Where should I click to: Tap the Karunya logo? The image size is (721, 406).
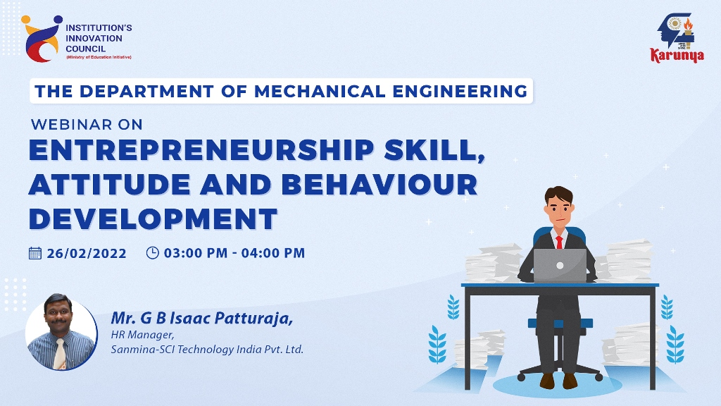click(x=677, y=38)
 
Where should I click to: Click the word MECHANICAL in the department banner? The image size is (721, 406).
click(x=320, y=91)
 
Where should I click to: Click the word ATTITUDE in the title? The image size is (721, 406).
click(x=109, y=184)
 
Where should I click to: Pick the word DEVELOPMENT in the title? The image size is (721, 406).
click(x=153, y=219)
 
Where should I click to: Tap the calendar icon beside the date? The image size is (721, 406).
click(x=35, y=253)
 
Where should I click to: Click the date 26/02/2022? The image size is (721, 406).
click(x=87, y=253)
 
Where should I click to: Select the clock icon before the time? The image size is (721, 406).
click(x=152, y=253)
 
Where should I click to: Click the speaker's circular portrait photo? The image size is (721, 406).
click(x=61, y=333)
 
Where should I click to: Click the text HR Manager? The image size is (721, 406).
click(x=142, y=335)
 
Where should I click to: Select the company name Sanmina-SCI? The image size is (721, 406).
click(x=142, y=350)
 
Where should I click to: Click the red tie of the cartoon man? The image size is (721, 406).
click(x=559, y=242)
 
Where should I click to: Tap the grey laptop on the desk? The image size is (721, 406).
click(x=560, y=265)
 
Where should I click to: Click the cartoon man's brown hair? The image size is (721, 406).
click(x=558, y=196)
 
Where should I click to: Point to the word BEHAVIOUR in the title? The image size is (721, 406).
click(x=380, y=184)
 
